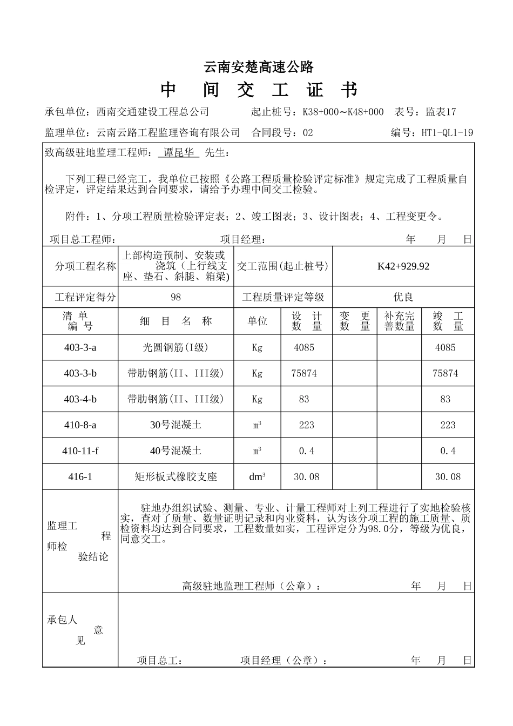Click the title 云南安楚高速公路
pos(259,67)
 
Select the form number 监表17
pos(441,112)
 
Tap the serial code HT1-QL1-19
pos(447,132)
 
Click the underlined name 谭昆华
pos(179,153)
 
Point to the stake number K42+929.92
pos(403,266)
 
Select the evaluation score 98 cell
pos(175,297)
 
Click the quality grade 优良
pos(403,297)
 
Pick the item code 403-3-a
pos(80,347)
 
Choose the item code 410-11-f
pos(80,451)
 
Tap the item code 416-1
pos(80,477)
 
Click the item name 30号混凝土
pos(175,425)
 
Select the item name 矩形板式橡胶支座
pos(175,477)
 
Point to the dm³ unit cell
pos(257,477)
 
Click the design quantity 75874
pos(304,373)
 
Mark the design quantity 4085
pos(304,347)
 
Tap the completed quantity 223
pos(448,425)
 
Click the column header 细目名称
pos(175,321)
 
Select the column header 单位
pos(257,321)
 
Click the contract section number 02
pos(308,132)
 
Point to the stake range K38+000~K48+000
pos(343,112)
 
